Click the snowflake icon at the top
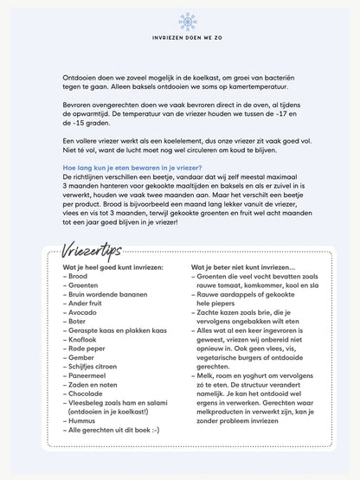tap(179, 20)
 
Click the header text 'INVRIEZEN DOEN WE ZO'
tap(179, 41)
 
